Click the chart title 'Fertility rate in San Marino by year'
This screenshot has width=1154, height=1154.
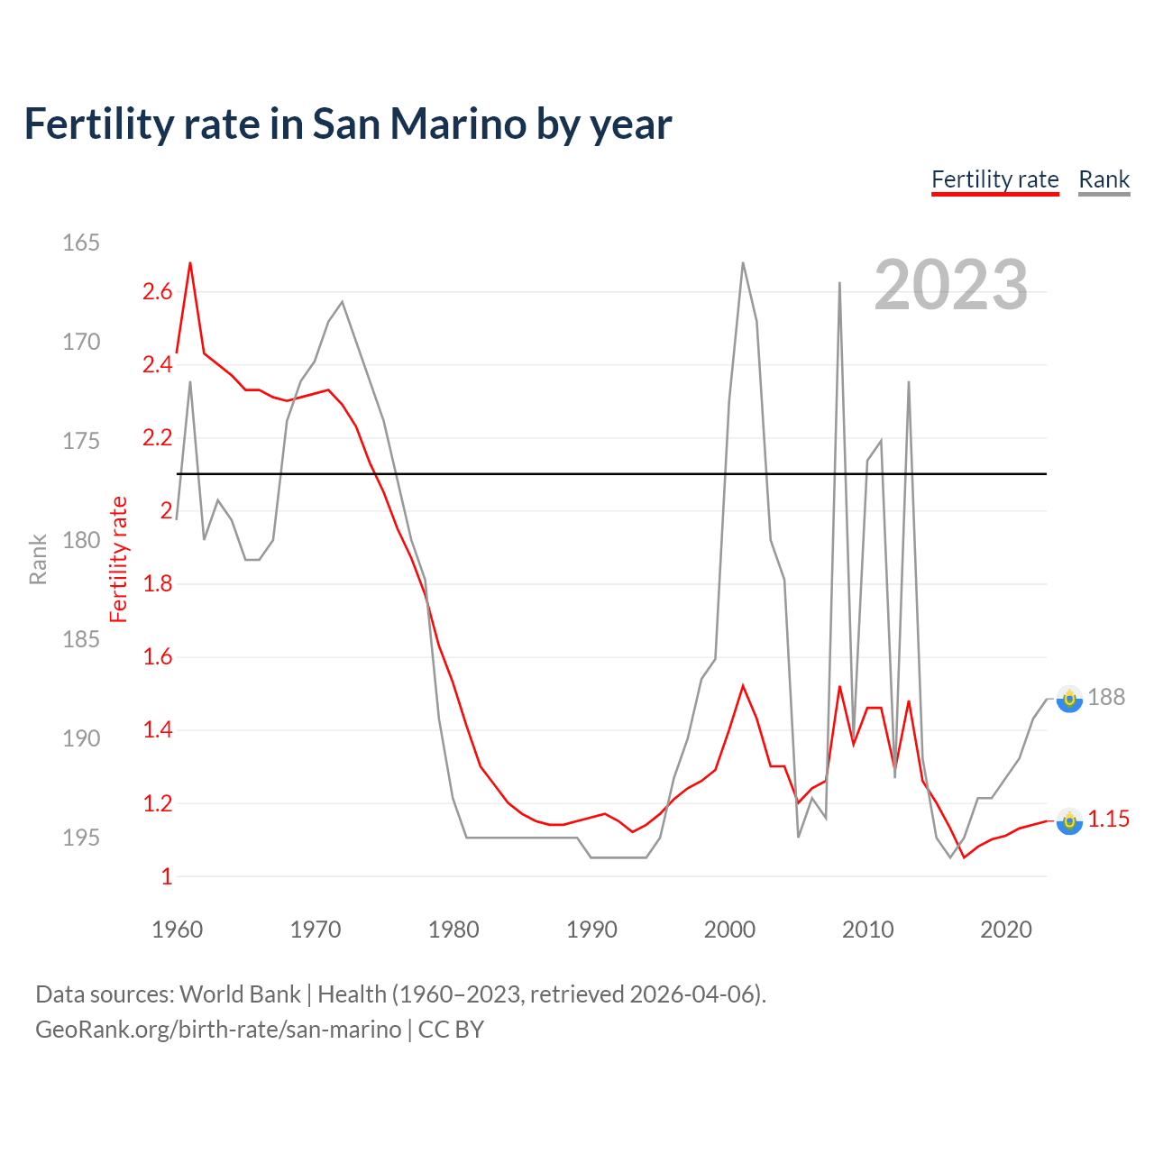(x=347, y=124)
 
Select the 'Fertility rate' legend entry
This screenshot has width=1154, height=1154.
(x=994, y=179)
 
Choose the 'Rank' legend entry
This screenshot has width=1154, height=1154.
(x=1104, y=179)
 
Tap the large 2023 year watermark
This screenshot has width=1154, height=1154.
(x=950, y=285)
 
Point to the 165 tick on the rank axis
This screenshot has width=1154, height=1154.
(x=80, y=243)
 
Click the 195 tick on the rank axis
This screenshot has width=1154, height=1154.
(x=80, y=838)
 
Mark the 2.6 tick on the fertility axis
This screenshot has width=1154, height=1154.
(x=157, y=291)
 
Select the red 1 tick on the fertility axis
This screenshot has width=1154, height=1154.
(x=166, y=876)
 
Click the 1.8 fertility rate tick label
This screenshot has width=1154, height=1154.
(x=157, y=584)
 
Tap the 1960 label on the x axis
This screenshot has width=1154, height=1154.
(x=177, y=930)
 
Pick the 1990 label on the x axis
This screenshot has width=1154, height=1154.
(x=591, y=930)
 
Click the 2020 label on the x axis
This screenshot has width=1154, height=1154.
(x=1005, y=930)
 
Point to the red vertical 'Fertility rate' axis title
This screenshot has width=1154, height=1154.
(x=119, y=559)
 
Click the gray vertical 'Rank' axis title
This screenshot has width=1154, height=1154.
(x=38, y=559)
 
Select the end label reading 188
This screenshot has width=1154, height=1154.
(x=1106, y=697)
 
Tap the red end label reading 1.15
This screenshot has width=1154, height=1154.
(x=1108, y=819)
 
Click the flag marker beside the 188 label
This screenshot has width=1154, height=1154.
(x=1069, y=699)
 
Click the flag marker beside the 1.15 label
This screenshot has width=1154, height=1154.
(x=1069, y=820)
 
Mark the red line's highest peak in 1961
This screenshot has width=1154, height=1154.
(x=190, y=263)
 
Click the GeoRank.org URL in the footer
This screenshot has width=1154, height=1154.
(x=218, y=1029)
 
